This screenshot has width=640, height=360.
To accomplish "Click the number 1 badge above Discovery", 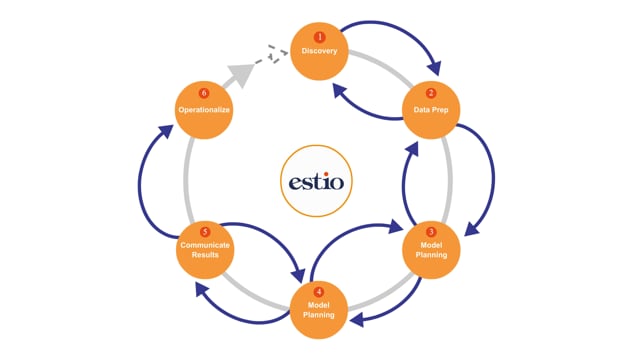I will [320, 37].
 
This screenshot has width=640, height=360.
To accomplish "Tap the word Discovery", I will [320, 51].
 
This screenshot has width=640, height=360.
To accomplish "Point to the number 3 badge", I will [431, 232].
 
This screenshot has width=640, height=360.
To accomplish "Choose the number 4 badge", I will [319, 292].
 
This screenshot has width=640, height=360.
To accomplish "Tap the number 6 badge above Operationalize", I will [204, 93].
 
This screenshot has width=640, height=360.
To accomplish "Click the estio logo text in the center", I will [316, 183].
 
